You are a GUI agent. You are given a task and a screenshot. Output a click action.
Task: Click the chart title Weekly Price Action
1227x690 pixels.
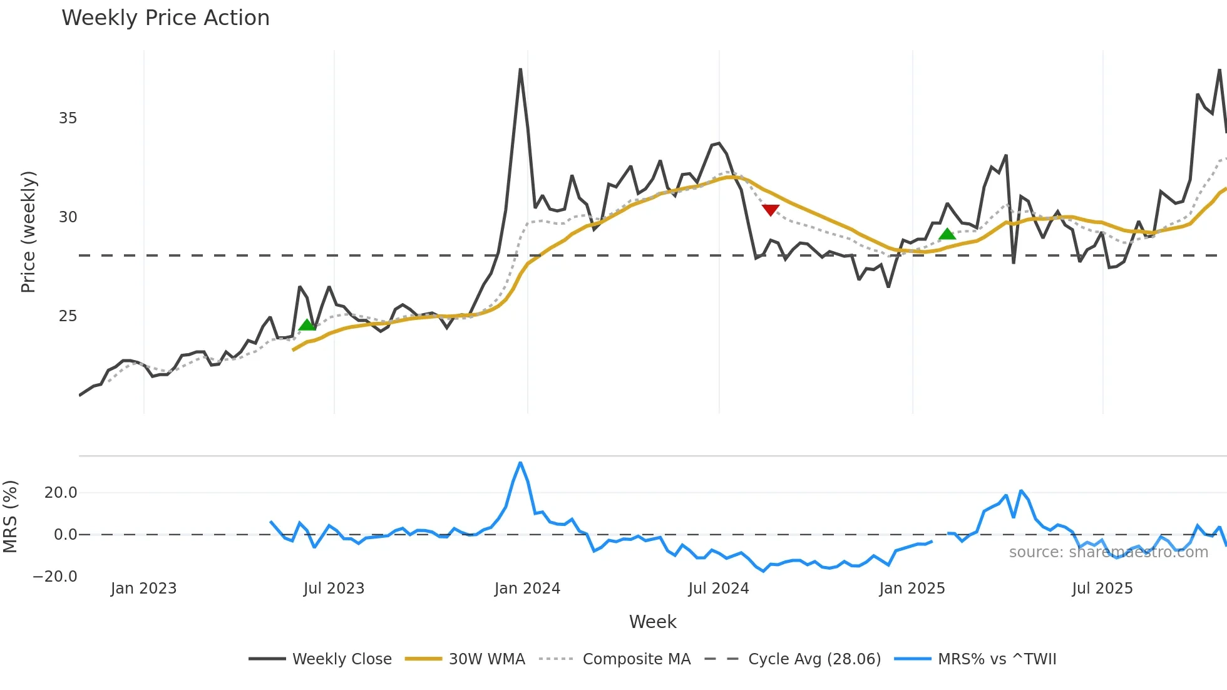(x=165, y=18)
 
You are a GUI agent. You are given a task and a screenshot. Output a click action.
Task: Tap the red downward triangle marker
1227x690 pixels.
(x=771, y=210)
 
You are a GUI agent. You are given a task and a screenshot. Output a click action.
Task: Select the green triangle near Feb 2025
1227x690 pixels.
(x=948, y=234)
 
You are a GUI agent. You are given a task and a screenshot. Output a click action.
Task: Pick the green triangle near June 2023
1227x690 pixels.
(x=307, y=325)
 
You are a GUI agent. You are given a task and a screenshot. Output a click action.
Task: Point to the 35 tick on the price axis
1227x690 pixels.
(x=68, y=118)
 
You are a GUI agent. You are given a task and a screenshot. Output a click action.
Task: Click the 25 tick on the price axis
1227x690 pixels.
(x=68, y=316)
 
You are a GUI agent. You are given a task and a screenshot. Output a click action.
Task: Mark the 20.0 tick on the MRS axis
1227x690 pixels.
(x=61, y=493)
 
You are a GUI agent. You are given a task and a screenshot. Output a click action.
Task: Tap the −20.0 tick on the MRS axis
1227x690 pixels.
(x=55, y=577)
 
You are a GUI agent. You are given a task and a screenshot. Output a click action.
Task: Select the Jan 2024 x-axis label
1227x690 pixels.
(x=527, y=589)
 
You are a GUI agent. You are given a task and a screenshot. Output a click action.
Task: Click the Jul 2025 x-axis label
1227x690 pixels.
(x=1102, y=589)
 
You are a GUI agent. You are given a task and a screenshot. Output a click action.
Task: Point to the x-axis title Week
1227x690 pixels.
(x=652, y=622)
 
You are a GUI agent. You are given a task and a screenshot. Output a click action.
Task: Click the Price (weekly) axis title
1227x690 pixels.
(x=28, y=232)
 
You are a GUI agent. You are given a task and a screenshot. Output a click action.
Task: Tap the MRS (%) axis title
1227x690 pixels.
(x=10, y=517)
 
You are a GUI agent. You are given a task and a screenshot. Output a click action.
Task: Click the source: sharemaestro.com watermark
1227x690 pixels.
(x=1108, y=552)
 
